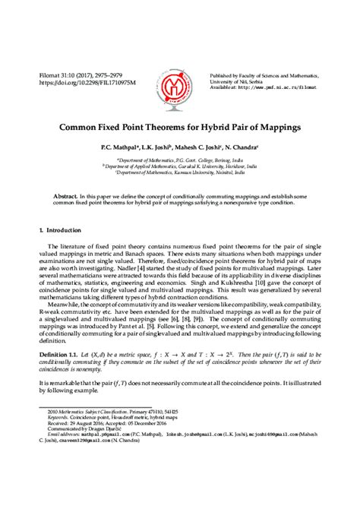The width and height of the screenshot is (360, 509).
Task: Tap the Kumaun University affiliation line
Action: pyautogui.click(x=179, y=172)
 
